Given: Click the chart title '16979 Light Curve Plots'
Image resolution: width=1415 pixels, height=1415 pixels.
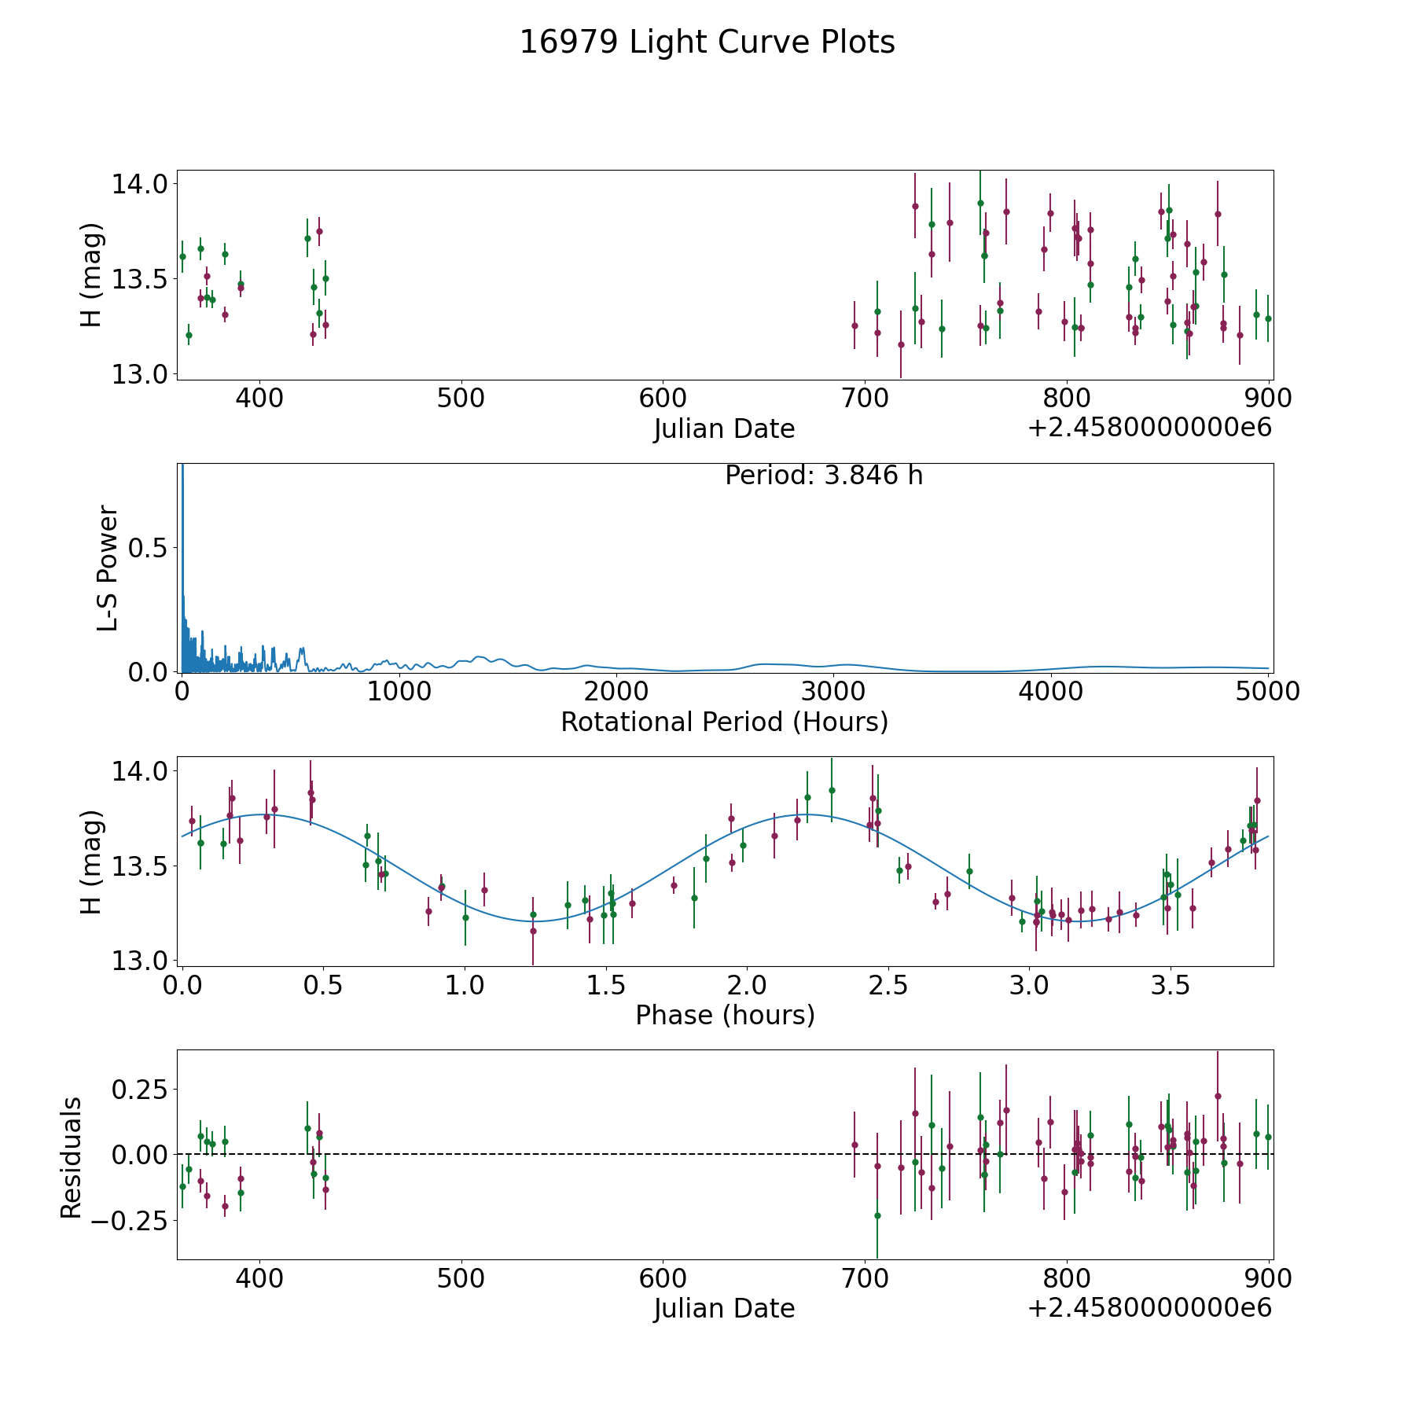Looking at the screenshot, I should (x=707, y=42).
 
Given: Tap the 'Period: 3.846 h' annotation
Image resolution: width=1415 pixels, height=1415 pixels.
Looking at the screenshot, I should (x=824, y=476).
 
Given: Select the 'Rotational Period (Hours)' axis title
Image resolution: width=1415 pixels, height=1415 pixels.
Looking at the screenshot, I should (x=724, y=722).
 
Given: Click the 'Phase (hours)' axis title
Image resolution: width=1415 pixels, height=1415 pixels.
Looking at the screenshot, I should (x=724, y=1015).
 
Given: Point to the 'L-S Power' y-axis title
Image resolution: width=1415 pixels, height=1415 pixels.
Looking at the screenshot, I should (x=108, y=568).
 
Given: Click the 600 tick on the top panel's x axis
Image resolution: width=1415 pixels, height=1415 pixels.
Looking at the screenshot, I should (x=663, y=399).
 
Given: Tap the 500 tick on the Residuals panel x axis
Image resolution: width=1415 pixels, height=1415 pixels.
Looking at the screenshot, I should (x=461, y=1279).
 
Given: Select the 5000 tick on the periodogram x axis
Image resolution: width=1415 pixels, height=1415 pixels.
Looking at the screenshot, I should (x=1267, y=693).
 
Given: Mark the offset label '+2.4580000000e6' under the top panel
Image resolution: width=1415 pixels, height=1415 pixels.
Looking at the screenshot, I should (x=1149, y=428).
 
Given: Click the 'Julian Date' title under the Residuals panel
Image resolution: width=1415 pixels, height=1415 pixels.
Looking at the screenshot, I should (x=724, y=1309).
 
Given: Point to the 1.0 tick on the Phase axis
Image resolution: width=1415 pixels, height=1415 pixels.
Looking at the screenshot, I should (x=465, y=986).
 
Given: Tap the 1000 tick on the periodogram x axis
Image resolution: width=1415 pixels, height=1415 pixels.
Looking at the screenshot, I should (x=399, y=693).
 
